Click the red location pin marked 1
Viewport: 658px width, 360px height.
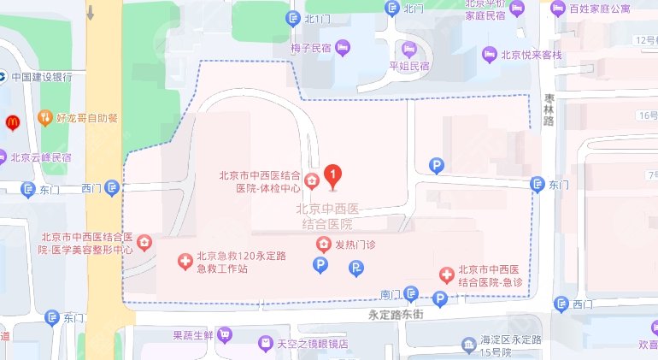click(x=332, y=174)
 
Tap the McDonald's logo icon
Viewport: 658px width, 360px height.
click(x=12, y=122)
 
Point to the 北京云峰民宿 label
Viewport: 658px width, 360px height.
click(x=40, y=157)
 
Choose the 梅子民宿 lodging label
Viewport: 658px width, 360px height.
click(x=310, y=49)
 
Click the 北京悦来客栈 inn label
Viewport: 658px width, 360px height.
click(x=532, y=55)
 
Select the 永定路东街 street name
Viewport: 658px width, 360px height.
click(x=397, y=314)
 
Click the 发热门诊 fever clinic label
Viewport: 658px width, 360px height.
click(x=355, y=245)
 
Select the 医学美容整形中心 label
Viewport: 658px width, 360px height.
click(x=85, y=244)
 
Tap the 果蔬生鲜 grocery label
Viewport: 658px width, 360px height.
click(x=192, y=334)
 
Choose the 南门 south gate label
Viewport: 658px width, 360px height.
click(x=391, y=295)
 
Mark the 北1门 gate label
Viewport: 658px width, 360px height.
click(x=317, y=18)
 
